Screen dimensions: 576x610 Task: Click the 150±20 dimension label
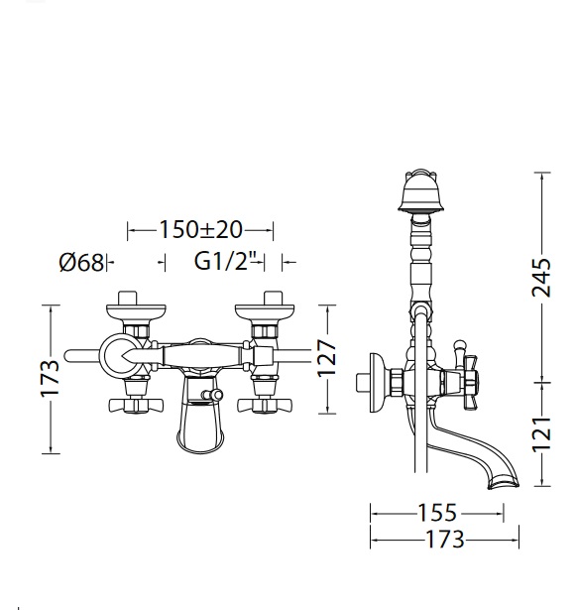click(200, 229)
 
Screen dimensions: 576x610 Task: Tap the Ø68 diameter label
click(81, 262)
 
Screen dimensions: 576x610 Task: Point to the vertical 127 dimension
click(326, 358)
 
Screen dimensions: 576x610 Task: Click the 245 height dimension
click(541, 277)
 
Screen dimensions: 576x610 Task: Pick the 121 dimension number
click(541, 434)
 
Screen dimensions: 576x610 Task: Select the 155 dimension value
click(437, 513)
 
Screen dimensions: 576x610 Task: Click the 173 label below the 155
click(445, 540)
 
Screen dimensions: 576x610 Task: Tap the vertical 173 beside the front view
click(51, 378)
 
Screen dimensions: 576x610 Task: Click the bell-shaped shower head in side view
click(420, 191)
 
